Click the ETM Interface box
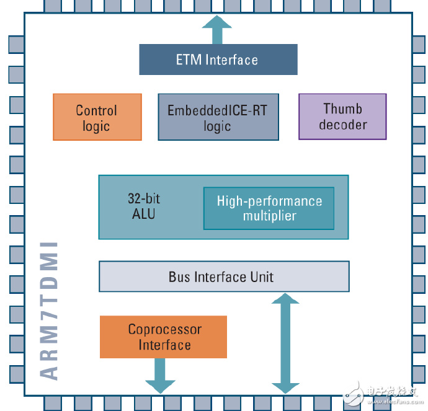click(x=218, y=60)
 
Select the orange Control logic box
click(x=97, y=117)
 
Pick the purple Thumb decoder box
click(x=342, y=116)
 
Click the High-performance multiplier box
click(x=269, y=208)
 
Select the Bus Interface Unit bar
click(x=224, y=276)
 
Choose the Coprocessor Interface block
click(x=163, y=337)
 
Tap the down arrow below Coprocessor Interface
click(x=160, y=376)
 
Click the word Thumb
click(x=342, y=109)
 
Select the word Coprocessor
click(x=164, y=329)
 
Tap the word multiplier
click(x=269, y=216)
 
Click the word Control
click(x=96, y=110)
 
